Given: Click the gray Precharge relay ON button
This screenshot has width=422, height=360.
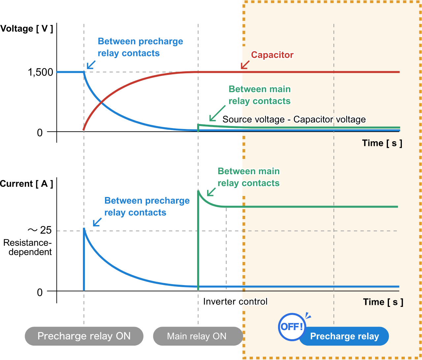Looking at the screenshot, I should click(84, 336).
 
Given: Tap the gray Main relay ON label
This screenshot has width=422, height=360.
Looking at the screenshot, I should click(197, 336).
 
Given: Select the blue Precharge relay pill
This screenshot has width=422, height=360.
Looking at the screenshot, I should click(344, 336).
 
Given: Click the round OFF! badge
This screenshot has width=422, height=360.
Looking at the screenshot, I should click(292, 327).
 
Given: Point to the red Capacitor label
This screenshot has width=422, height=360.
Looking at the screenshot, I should click(272, 55).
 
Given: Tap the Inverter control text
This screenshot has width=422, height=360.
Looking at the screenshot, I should click(235, 302).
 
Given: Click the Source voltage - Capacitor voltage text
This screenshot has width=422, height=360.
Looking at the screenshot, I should click(294, 119).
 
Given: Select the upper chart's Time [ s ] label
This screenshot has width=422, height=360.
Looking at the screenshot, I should click(382, 143).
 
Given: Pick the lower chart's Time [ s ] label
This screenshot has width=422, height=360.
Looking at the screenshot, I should click(383, 302).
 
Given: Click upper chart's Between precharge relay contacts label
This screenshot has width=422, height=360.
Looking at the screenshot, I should click(140, 47).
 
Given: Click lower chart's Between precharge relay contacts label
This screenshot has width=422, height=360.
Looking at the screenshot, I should click(147, 207).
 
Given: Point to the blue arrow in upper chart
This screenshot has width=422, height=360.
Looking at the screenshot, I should click(91, 64).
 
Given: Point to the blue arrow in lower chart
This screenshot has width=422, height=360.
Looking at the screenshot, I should click(97, 222).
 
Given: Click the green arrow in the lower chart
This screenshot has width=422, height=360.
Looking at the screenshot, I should click(211, 192).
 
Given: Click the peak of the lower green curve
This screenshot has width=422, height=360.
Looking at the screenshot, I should click(198, 191).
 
